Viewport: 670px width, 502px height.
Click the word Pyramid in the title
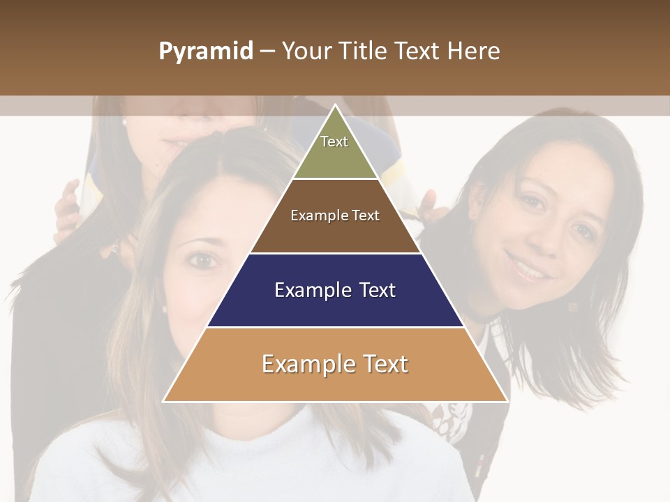pos(206,52)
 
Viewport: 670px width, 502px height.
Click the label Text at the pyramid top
pos(334,142)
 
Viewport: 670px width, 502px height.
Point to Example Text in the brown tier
pos(335,215)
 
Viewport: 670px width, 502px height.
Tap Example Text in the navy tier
pos(335,290)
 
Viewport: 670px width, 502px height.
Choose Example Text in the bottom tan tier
pos(335,364)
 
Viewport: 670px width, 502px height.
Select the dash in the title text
pos(267,52)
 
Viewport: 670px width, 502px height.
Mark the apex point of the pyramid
pos(336,106)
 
